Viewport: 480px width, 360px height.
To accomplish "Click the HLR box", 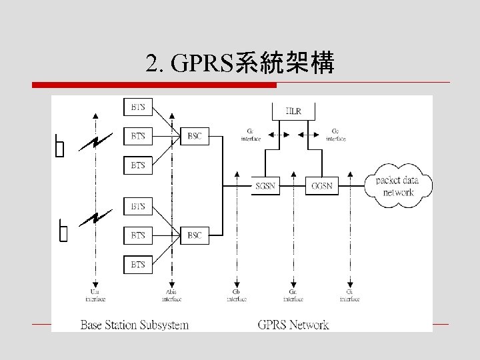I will [x=293, y=110].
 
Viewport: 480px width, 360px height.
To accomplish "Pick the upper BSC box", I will [x=195, y=136].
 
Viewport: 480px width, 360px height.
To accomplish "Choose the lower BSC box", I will [x=195, y=235].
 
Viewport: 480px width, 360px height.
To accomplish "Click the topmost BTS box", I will [x=138, y=107].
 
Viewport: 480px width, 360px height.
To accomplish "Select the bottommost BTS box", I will [x=138, y=265].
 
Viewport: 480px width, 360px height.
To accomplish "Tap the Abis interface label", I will [x=173, y=295].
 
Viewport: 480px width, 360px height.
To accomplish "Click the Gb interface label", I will [x=236, y=295].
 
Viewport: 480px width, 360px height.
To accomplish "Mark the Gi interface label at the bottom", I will [x=349, y=295].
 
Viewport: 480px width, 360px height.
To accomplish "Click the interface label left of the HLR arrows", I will [x=251, y=135].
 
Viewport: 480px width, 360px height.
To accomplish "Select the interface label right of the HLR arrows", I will [x=335, y=135].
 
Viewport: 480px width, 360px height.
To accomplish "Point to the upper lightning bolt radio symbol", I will [x=96, y=141].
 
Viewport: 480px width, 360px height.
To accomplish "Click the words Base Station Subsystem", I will [x=135, y=325].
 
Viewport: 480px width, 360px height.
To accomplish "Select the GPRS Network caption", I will [x=293, y=325].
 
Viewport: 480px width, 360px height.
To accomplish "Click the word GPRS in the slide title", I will [x=200, y=64].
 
